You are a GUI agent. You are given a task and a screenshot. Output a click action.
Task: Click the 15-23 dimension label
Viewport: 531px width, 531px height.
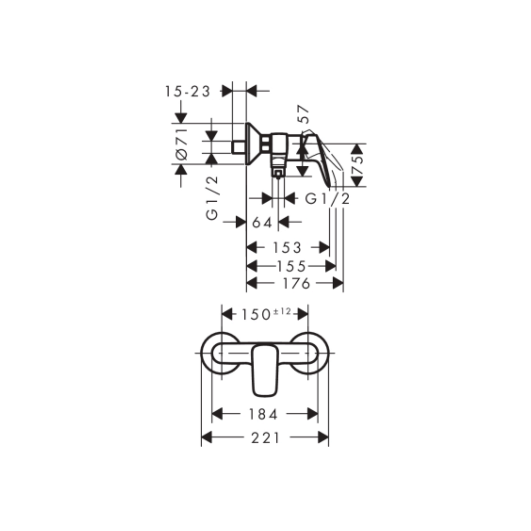point(188,91)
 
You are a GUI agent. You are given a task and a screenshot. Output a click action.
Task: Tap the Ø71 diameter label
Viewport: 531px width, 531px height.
point(181,144)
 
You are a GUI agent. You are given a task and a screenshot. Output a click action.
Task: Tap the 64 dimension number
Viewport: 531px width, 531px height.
point(262,222)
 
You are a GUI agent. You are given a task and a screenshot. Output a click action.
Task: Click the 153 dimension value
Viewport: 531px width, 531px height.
point(287,248)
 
